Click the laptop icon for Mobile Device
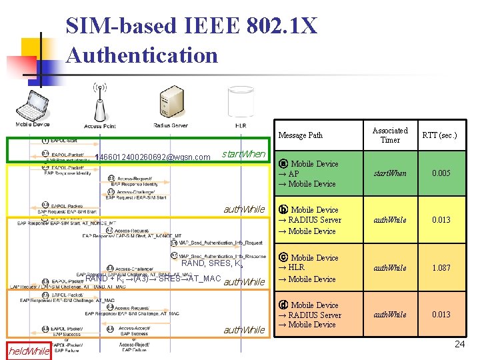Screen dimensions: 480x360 coord(33,103)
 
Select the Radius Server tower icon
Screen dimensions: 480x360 coord(166,103)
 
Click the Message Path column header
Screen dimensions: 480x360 coord(300,135)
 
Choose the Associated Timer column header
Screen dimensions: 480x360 coord(390,135)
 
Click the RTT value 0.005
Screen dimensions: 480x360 coord(441,173)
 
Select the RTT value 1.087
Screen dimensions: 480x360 coord(441,268)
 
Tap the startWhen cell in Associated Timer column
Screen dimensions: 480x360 coord(389,173)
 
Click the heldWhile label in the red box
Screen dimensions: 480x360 coord(29,351)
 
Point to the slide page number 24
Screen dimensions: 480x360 coord(459,345)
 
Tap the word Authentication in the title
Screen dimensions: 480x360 coord(142,55)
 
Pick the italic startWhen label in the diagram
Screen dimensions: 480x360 coord(243,155)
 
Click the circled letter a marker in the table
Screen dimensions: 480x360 coord(283,164)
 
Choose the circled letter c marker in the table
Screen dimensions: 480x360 coord(283,258)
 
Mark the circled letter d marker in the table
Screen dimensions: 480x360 coord(283,305)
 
